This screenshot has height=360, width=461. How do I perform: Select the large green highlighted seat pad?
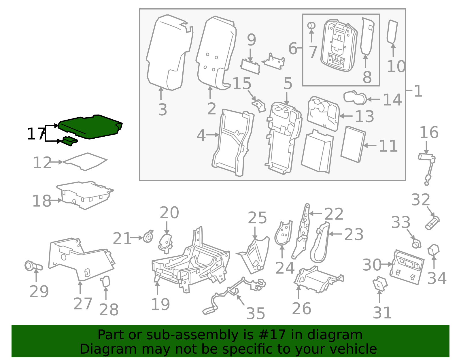click(89, 127)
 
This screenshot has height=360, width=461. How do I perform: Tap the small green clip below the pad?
click(69, 141)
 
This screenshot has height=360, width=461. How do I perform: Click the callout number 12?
click(42, 163)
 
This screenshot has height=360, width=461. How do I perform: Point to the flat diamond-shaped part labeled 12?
click(85, 161)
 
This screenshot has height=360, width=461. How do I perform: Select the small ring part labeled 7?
click(311, 25)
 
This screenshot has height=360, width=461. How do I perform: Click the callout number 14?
click(392, 100)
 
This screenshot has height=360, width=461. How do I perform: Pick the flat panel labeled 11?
click(353, 144)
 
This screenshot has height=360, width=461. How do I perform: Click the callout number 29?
click(39, 291)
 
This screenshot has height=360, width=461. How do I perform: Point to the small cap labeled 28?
click(105, 281)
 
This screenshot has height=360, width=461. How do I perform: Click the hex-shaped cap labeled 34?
click(433, 250)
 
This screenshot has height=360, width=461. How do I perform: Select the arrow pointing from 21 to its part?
click(136, 238)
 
